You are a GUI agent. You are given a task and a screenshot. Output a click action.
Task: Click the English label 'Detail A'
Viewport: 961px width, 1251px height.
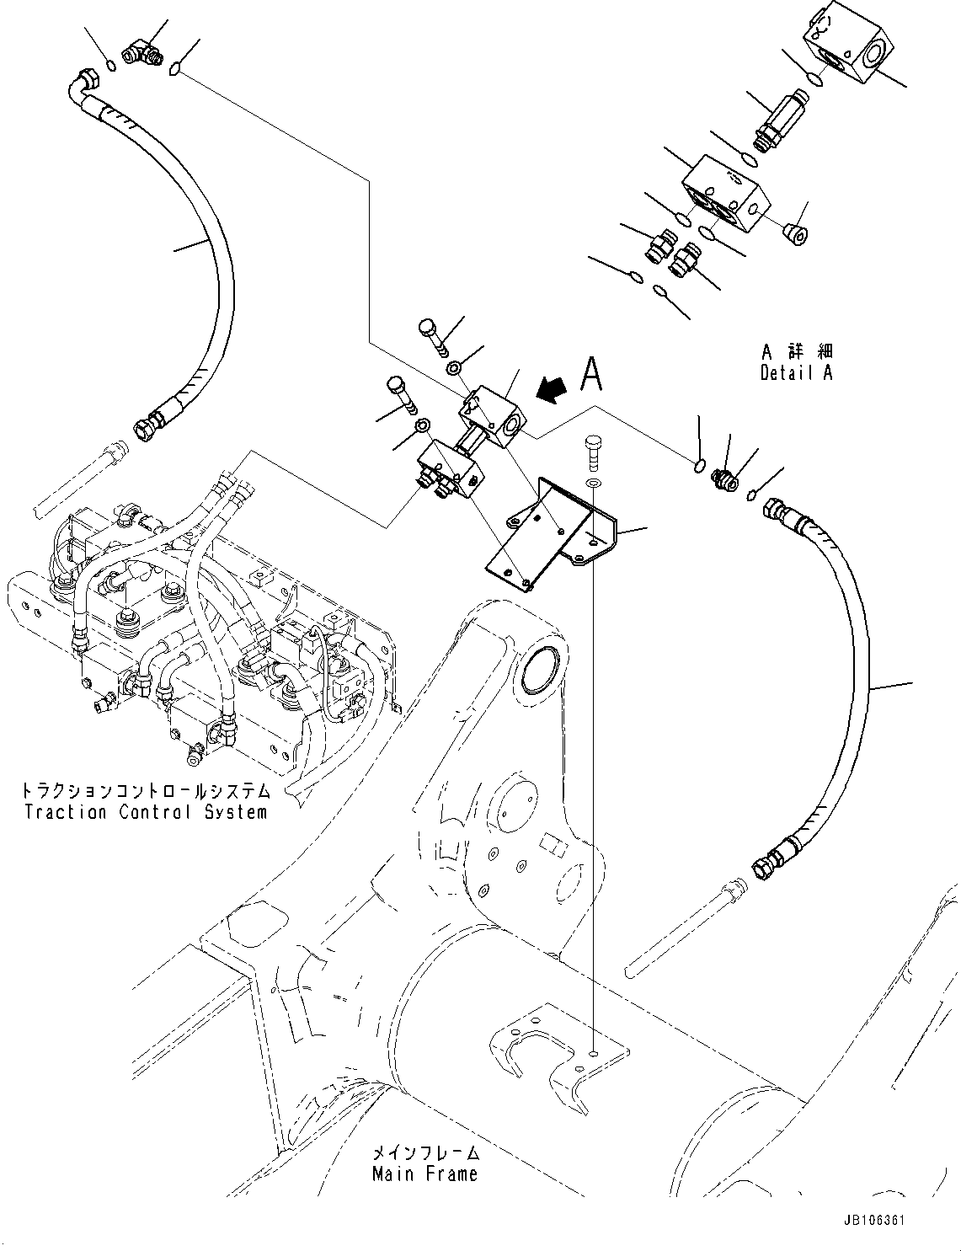[795, 373]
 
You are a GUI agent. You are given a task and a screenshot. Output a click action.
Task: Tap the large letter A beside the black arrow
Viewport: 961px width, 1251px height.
[592, 374]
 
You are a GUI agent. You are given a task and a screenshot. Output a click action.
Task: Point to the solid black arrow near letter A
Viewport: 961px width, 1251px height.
[553, 389]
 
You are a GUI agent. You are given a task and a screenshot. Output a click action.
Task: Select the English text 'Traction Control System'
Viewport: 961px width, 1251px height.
[146, 812]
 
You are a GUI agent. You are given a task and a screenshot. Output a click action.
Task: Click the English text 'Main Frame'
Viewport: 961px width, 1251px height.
[424, 1173]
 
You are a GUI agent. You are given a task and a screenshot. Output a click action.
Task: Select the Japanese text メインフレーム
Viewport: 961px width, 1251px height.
[425, 1152]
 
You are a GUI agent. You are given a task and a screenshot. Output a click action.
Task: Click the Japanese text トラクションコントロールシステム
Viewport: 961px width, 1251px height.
[146, 792]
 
